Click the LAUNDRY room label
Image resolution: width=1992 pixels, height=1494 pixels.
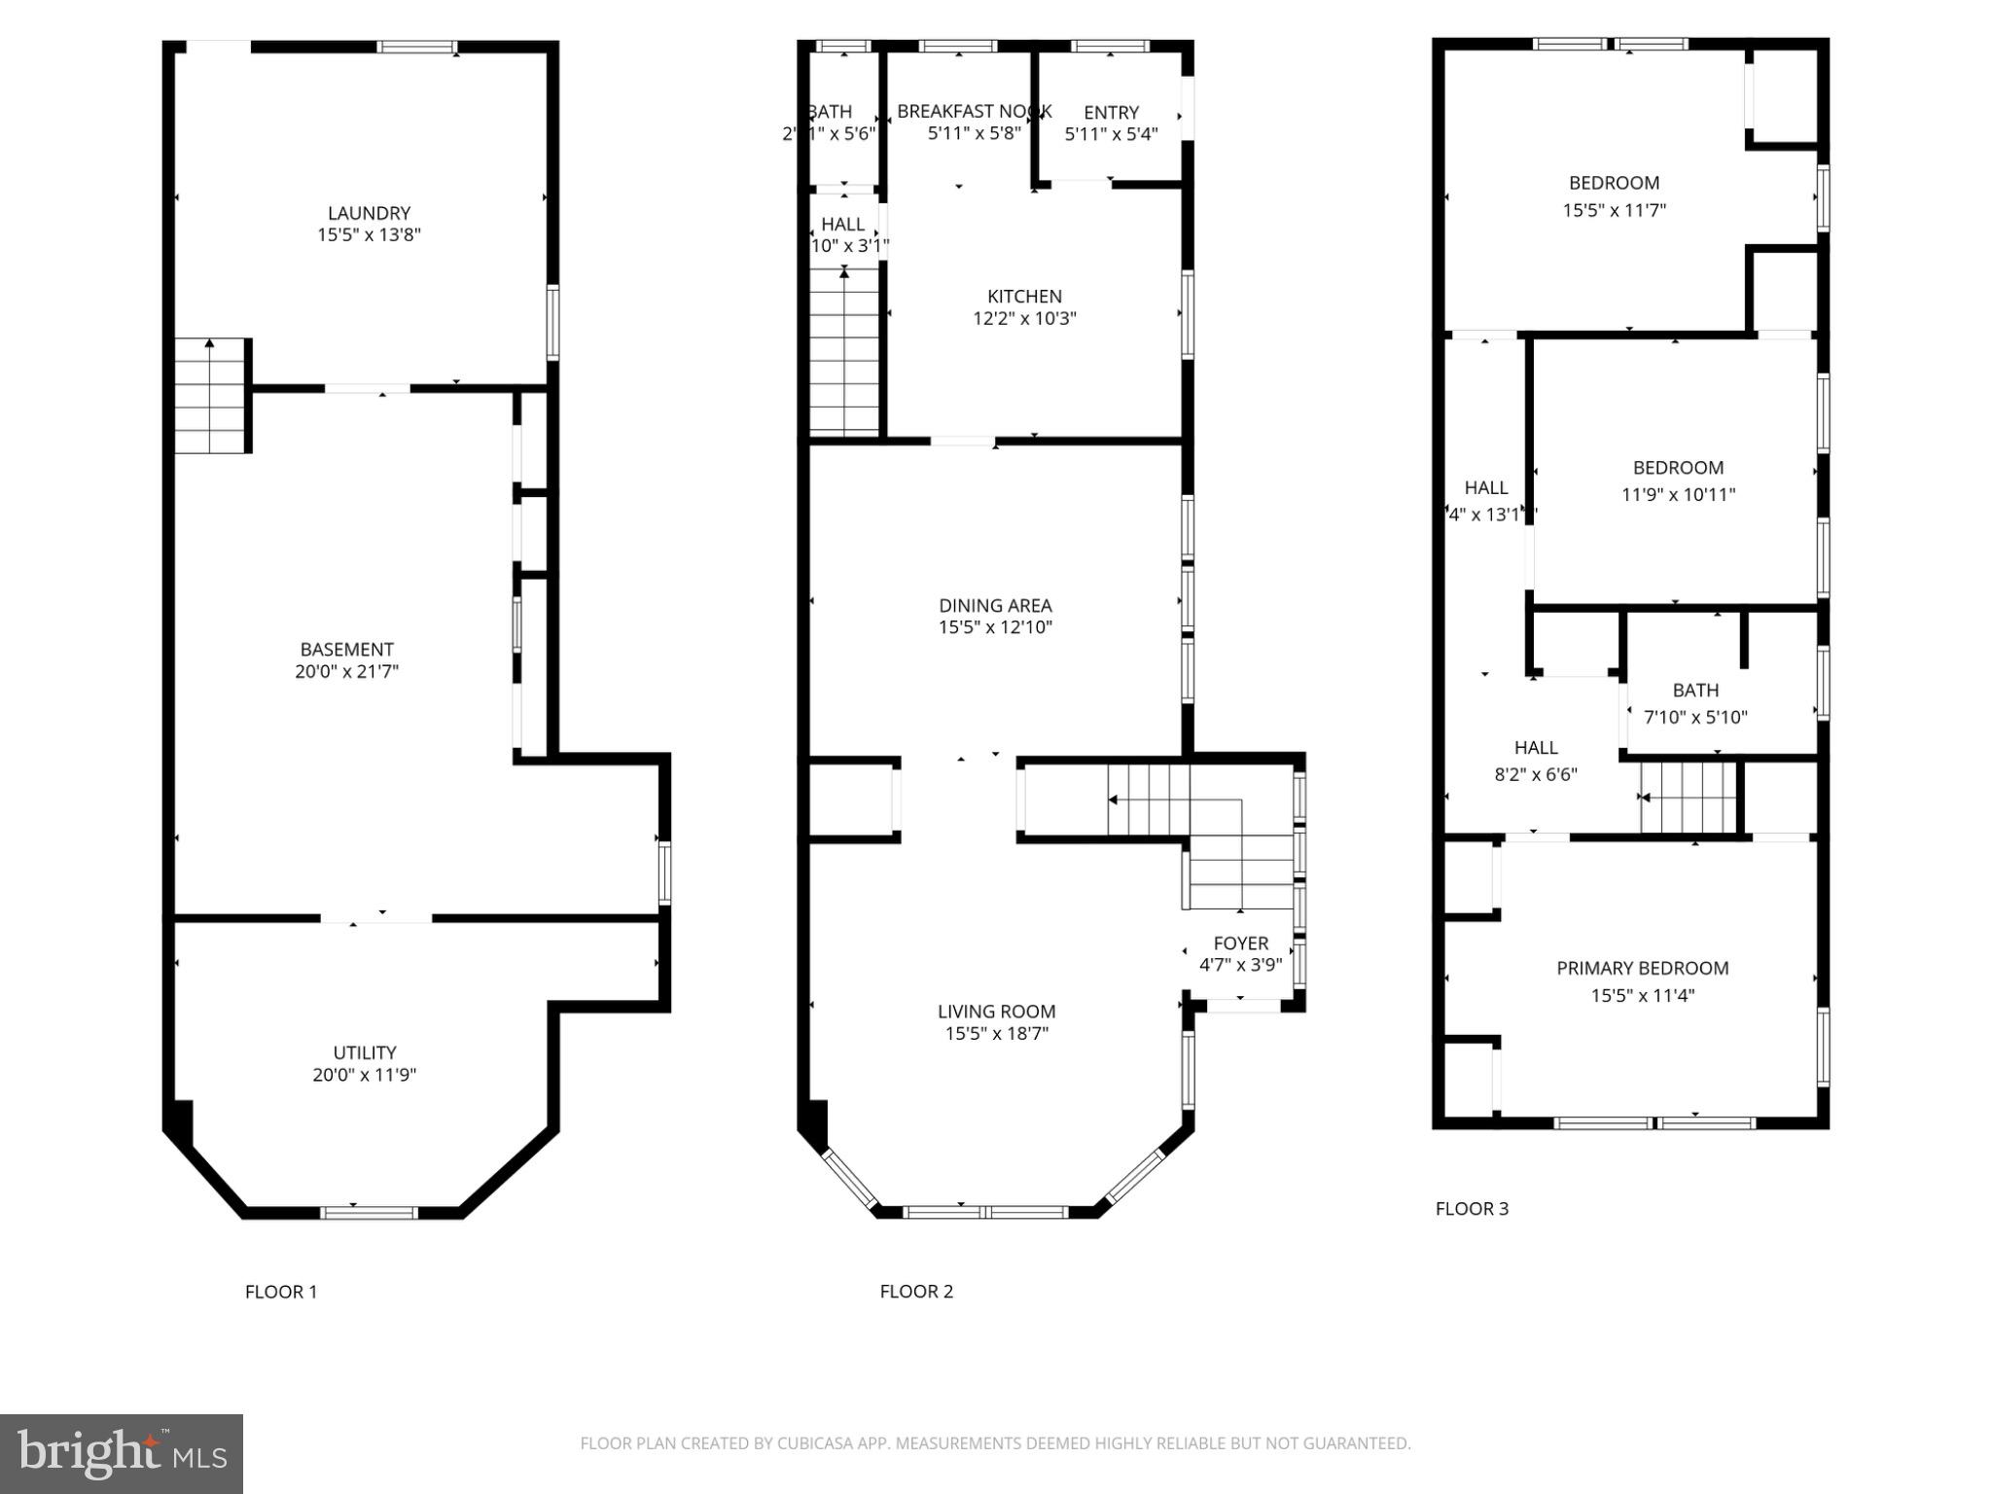point(369,213)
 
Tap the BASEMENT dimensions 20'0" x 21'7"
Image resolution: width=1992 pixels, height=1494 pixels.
point(347,671)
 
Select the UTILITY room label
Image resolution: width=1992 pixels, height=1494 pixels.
point(365,1052)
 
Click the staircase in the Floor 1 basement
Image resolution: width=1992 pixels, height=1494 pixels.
point(211,396)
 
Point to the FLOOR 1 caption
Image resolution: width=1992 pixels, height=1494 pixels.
point(281,1292)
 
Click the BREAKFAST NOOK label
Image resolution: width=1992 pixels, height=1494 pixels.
point(974,112)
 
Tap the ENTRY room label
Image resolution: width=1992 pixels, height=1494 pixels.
point(1111,113)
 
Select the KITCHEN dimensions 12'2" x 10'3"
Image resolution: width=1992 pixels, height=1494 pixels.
point(1024,318)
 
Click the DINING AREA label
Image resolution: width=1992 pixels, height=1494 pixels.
point(995,605)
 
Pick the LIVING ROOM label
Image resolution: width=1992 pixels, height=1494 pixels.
point(996,1012)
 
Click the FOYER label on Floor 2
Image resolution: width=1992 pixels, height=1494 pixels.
point(1240,943)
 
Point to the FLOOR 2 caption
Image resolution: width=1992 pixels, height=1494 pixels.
point(916,1292)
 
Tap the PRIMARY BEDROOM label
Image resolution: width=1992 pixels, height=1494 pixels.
point(1642,968)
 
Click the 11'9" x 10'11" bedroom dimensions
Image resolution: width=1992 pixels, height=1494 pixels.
point(1678,494)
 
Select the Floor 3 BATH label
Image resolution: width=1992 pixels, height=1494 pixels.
point(1695,691)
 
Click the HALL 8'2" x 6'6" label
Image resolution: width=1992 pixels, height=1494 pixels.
point(1536,748)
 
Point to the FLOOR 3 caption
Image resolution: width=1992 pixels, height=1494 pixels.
point(1472,1209)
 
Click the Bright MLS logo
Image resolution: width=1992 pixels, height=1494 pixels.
point(122,1454)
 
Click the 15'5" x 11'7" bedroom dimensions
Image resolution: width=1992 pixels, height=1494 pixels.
point(1614,209)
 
